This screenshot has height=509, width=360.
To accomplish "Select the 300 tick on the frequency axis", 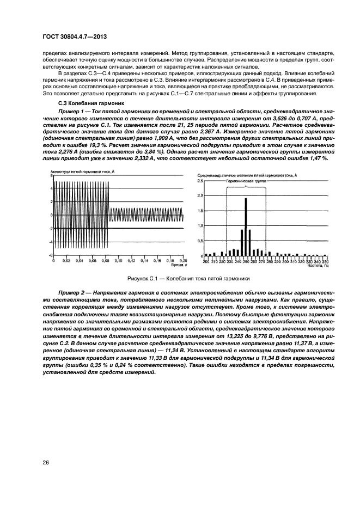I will click(286, 262).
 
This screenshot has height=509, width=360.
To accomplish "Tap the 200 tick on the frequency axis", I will click(206, 262).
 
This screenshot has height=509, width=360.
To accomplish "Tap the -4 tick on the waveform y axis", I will click(50, 242).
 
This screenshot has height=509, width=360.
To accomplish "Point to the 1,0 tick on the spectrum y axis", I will click(199, 225).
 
